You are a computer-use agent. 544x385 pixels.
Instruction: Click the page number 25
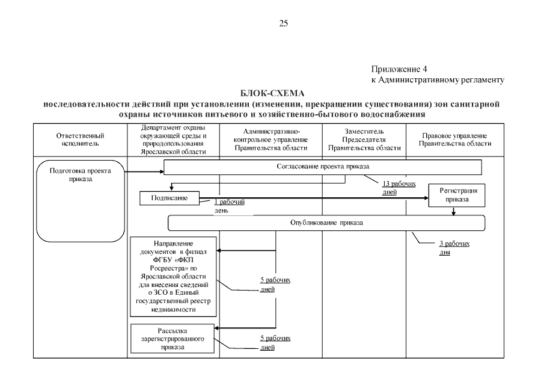coord(284,24)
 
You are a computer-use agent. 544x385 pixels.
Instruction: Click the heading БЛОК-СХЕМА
coord(272,94)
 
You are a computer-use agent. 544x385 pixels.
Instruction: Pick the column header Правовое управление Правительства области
coord(455,140)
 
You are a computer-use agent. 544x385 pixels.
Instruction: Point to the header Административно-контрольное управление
coord(271,140)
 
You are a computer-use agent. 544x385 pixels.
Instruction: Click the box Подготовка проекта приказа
coord(81,175)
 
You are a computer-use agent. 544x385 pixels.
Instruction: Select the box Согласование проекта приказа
coord(323,167)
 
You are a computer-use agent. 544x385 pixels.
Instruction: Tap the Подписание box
coord(169,197)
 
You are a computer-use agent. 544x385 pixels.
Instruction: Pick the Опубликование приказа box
coord(326,223)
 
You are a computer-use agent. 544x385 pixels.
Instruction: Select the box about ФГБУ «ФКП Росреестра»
coord(174,276)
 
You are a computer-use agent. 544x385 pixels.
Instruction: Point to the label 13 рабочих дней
coord(399,188)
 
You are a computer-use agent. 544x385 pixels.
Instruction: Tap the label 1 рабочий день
coord(229,206)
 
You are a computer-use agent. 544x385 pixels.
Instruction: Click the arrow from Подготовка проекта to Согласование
coord(144,172)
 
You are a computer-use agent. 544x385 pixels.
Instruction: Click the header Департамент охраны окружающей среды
coord(174,140)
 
